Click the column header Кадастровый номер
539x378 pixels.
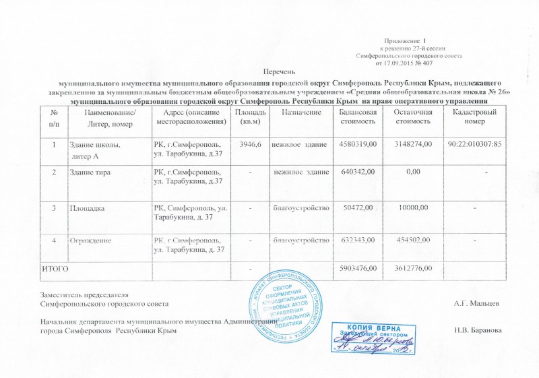(x=474, y=115)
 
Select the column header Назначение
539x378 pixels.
(x=301, y=111)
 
